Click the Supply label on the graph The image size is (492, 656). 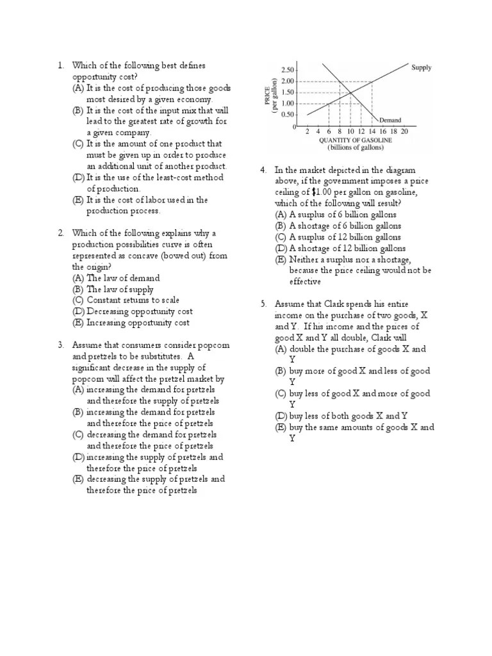pyautogui.click(x=421, y=67)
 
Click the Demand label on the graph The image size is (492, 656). pyautogui.click(x=391, y=120)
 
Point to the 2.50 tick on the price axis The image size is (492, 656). pyautogui.click(x=288, y=70)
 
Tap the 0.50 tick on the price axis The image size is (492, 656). pyautogui.click(x=288, y=115)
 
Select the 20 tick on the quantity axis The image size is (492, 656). pyautogui.click(x=404, y=131)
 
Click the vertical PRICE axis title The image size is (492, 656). pyautogui.click(x=267, y=95)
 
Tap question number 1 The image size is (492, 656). pyautogui.click(x=61, y=65)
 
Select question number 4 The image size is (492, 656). pyautogui.click(x=263, y=170)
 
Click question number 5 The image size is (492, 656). pyautogui.click(x=263, y=304)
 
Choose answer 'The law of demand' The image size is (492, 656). pyautogui.click(x=123, y=278)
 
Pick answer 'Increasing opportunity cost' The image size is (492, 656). pyautogui.click(x=138, y=323)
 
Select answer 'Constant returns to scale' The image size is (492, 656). pyautogui.click(x=133, y=300)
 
